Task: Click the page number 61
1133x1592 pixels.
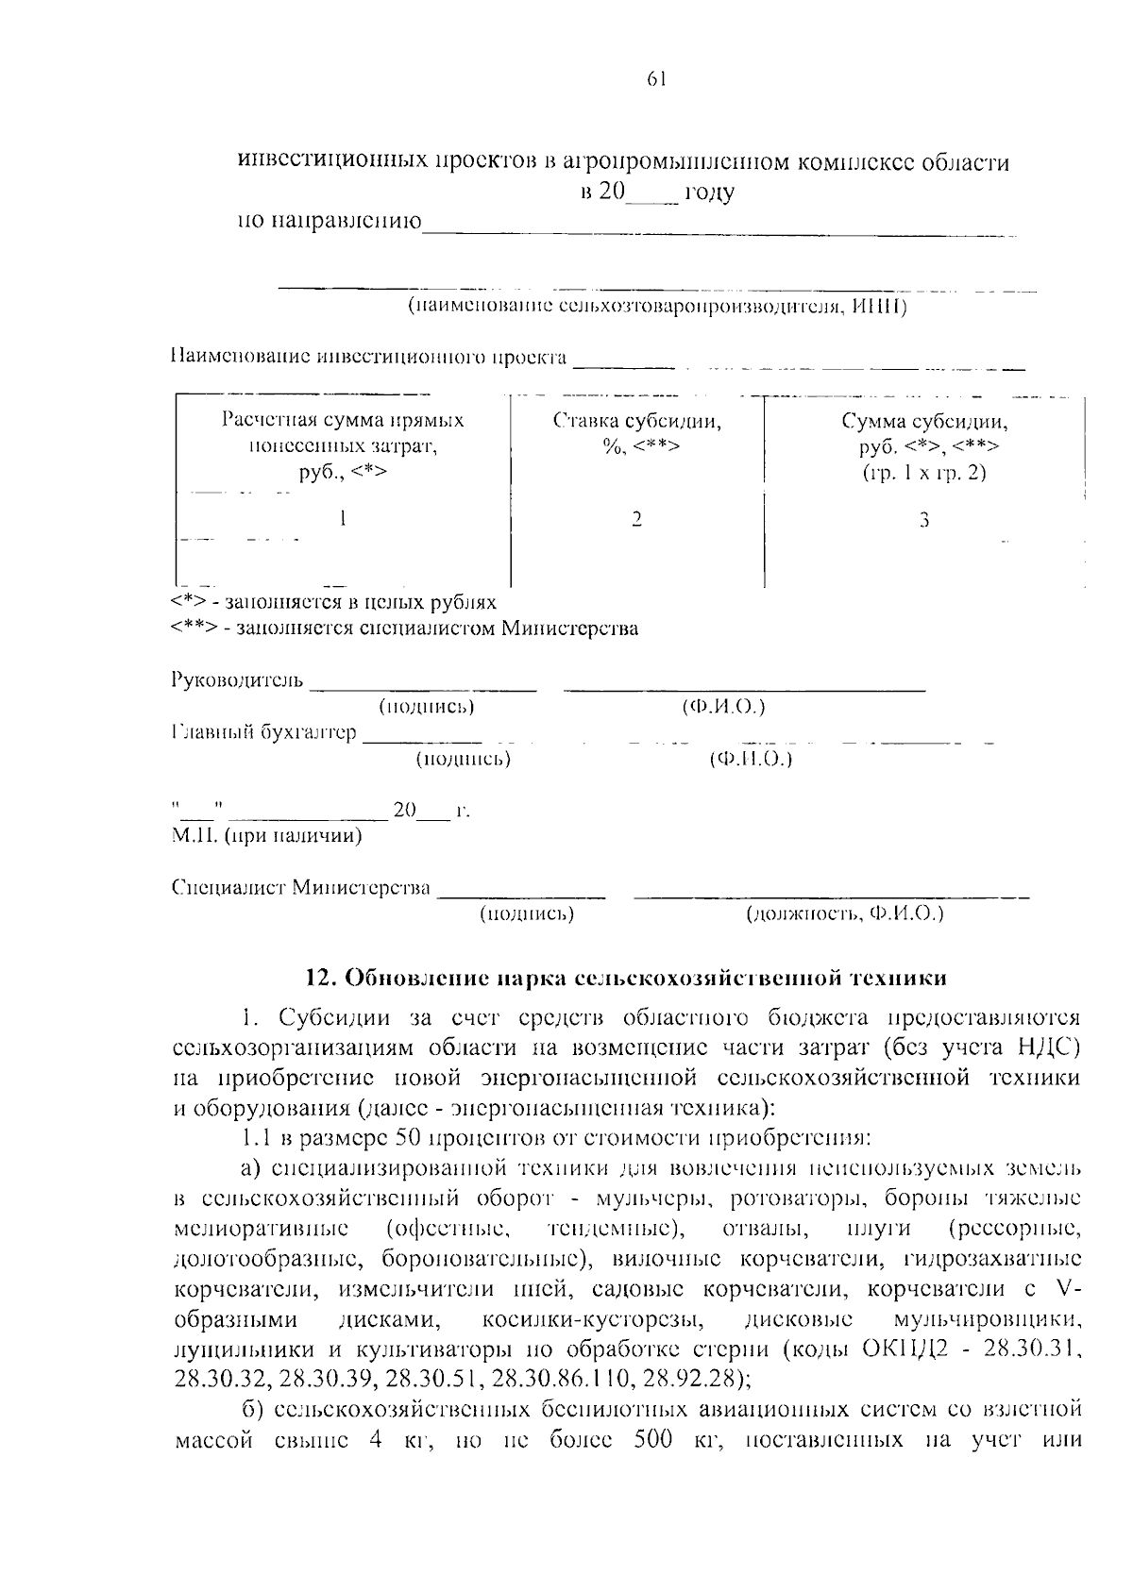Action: tap(657, 81)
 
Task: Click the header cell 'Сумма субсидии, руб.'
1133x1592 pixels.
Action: tap(924, 445)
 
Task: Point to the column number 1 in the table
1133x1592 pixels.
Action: tap(342, 518)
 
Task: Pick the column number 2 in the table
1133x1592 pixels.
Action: tap(637, 519)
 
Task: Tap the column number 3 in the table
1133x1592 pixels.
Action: tap(924, 520)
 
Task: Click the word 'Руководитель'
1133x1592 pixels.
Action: tap(237, 680)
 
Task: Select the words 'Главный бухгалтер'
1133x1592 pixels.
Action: tap(264, 732)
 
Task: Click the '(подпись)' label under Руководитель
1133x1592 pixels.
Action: tap(426, 707)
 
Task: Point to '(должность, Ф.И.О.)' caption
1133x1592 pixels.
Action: tap(844, 913)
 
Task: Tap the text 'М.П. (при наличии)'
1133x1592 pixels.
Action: tap(267, 836)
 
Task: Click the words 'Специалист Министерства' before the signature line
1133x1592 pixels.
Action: tap(301, 888)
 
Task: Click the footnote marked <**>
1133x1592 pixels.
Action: tap(406, 628)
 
